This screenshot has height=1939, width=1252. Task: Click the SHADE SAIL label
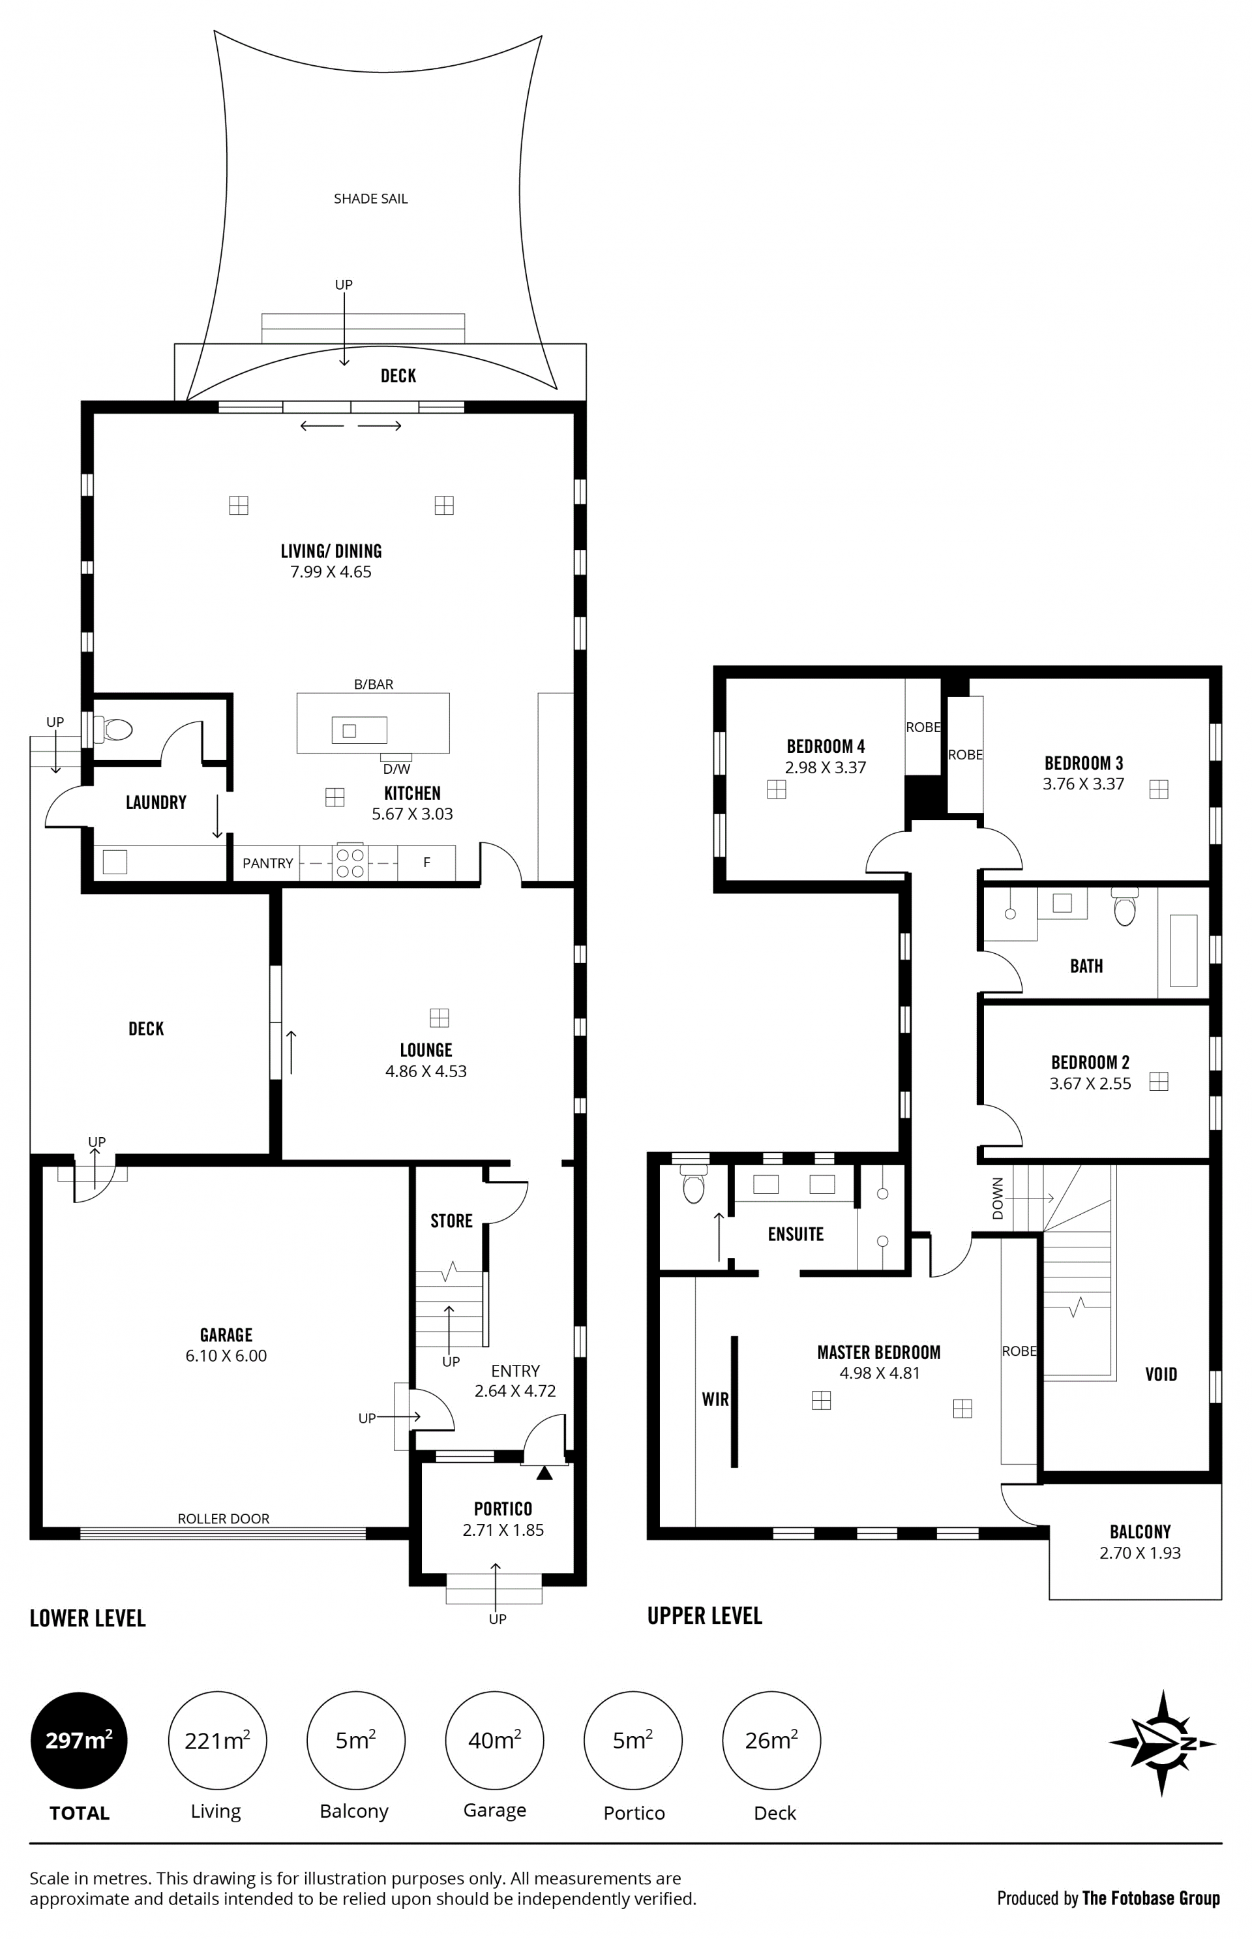point(371,198)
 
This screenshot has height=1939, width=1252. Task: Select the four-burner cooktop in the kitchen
point(350,863)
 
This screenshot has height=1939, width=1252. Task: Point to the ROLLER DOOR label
point(224,1518)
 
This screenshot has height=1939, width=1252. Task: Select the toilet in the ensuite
point(693,1186)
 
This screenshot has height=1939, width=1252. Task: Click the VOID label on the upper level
point(1161,1375)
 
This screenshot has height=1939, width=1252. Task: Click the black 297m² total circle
point(79,1741)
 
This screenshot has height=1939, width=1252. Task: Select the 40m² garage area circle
point(494,1741)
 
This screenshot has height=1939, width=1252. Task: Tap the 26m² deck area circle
point(771,1741)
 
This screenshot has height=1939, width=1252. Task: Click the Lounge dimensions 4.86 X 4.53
point(426,1071)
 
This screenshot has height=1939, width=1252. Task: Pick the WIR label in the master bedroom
point(715,1399)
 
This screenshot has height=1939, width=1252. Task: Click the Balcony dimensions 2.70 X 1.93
point(1140,1553)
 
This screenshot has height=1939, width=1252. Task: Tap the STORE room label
point(451,1221)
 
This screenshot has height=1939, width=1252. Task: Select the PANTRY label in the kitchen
point(267,863)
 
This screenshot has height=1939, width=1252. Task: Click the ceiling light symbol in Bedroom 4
point(777,789)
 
